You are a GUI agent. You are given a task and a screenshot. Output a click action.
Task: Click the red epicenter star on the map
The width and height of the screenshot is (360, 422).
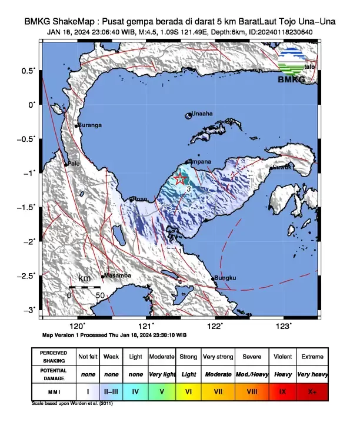tap(181, 179)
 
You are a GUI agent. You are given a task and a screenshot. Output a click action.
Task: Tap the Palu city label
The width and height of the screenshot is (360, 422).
tap(73, 164)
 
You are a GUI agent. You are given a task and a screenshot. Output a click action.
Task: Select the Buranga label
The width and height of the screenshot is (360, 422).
tap(91, 125)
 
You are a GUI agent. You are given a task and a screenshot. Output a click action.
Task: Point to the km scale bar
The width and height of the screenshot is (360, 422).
tap(85, 287)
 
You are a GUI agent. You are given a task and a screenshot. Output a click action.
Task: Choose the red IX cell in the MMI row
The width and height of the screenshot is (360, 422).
tap(283, 391)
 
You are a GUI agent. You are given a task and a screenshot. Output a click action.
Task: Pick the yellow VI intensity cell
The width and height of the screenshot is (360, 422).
tap(188, 391)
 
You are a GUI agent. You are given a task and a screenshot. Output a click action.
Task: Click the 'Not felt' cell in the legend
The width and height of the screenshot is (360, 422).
tap(88, 357)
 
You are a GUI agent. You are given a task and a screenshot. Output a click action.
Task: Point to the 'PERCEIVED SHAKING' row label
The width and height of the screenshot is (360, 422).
tap(54, 357)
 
